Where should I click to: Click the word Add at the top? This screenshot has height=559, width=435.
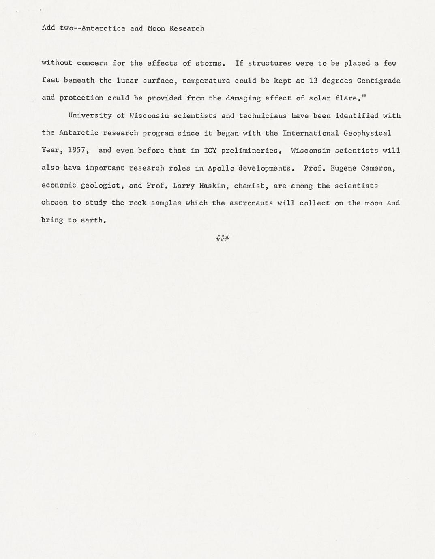48,28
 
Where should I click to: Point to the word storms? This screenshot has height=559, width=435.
209,63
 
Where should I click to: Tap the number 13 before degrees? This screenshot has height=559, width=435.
313,81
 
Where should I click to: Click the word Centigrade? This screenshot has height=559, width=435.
378,81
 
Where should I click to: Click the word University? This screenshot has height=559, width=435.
90,116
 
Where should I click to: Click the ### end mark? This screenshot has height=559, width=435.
223,238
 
